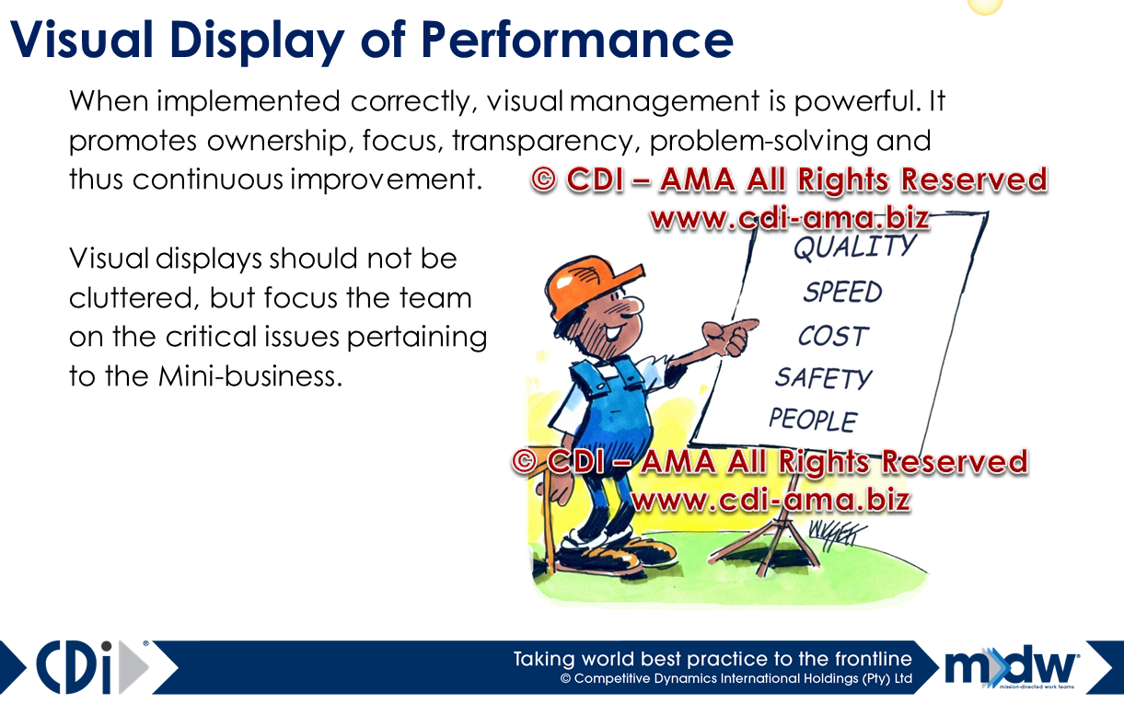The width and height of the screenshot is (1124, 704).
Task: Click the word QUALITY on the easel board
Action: pos(853,248)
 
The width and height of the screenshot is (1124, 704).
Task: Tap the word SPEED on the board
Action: pos(842,292)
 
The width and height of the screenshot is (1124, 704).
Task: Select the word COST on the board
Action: pos(833,336)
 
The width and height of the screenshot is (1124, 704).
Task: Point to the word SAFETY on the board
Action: pos(822,377)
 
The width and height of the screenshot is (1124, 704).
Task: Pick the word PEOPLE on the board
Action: pos(813,420)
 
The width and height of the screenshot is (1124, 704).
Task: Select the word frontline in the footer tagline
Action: pos(861,659)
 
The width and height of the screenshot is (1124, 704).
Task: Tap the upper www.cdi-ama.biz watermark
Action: pos(789,219)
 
